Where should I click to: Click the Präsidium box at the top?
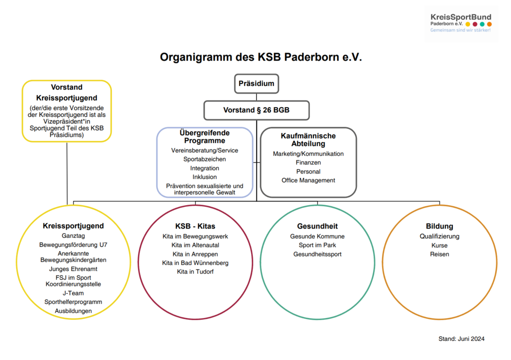(x=256, y=83)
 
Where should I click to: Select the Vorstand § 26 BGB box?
(x=256, y=110)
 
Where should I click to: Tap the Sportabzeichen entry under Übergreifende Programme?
(x=204, y=159)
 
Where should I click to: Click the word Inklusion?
(x=204, y=177)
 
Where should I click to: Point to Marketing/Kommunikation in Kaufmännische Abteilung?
(x=308, y=154)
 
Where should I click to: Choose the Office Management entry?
(x=308, y=180)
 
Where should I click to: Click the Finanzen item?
(x=308, y=162)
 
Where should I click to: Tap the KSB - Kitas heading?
(x=195, y=226)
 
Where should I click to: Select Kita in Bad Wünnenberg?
(x=195, y=263)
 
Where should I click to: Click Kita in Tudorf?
(x=195, y=271)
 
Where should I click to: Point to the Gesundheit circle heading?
(x=317, y=226)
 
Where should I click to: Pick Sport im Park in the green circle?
(x=317, y=245)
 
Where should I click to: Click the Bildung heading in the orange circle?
(x=439, y=226)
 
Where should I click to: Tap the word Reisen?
(x=439, y=254)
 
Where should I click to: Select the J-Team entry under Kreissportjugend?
(x=73, y=293)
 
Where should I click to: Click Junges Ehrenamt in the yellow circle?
(x=73, y=269)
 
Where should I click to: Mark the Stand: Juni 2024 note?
(x=461, y=339)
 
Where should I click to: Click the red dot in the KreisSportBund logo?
(x=475, y=24)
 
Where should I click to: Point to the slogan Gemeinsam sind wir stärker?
(x=460, y=30)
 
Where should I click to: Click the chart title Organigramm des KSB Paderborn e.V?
(x=260, y=57)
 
